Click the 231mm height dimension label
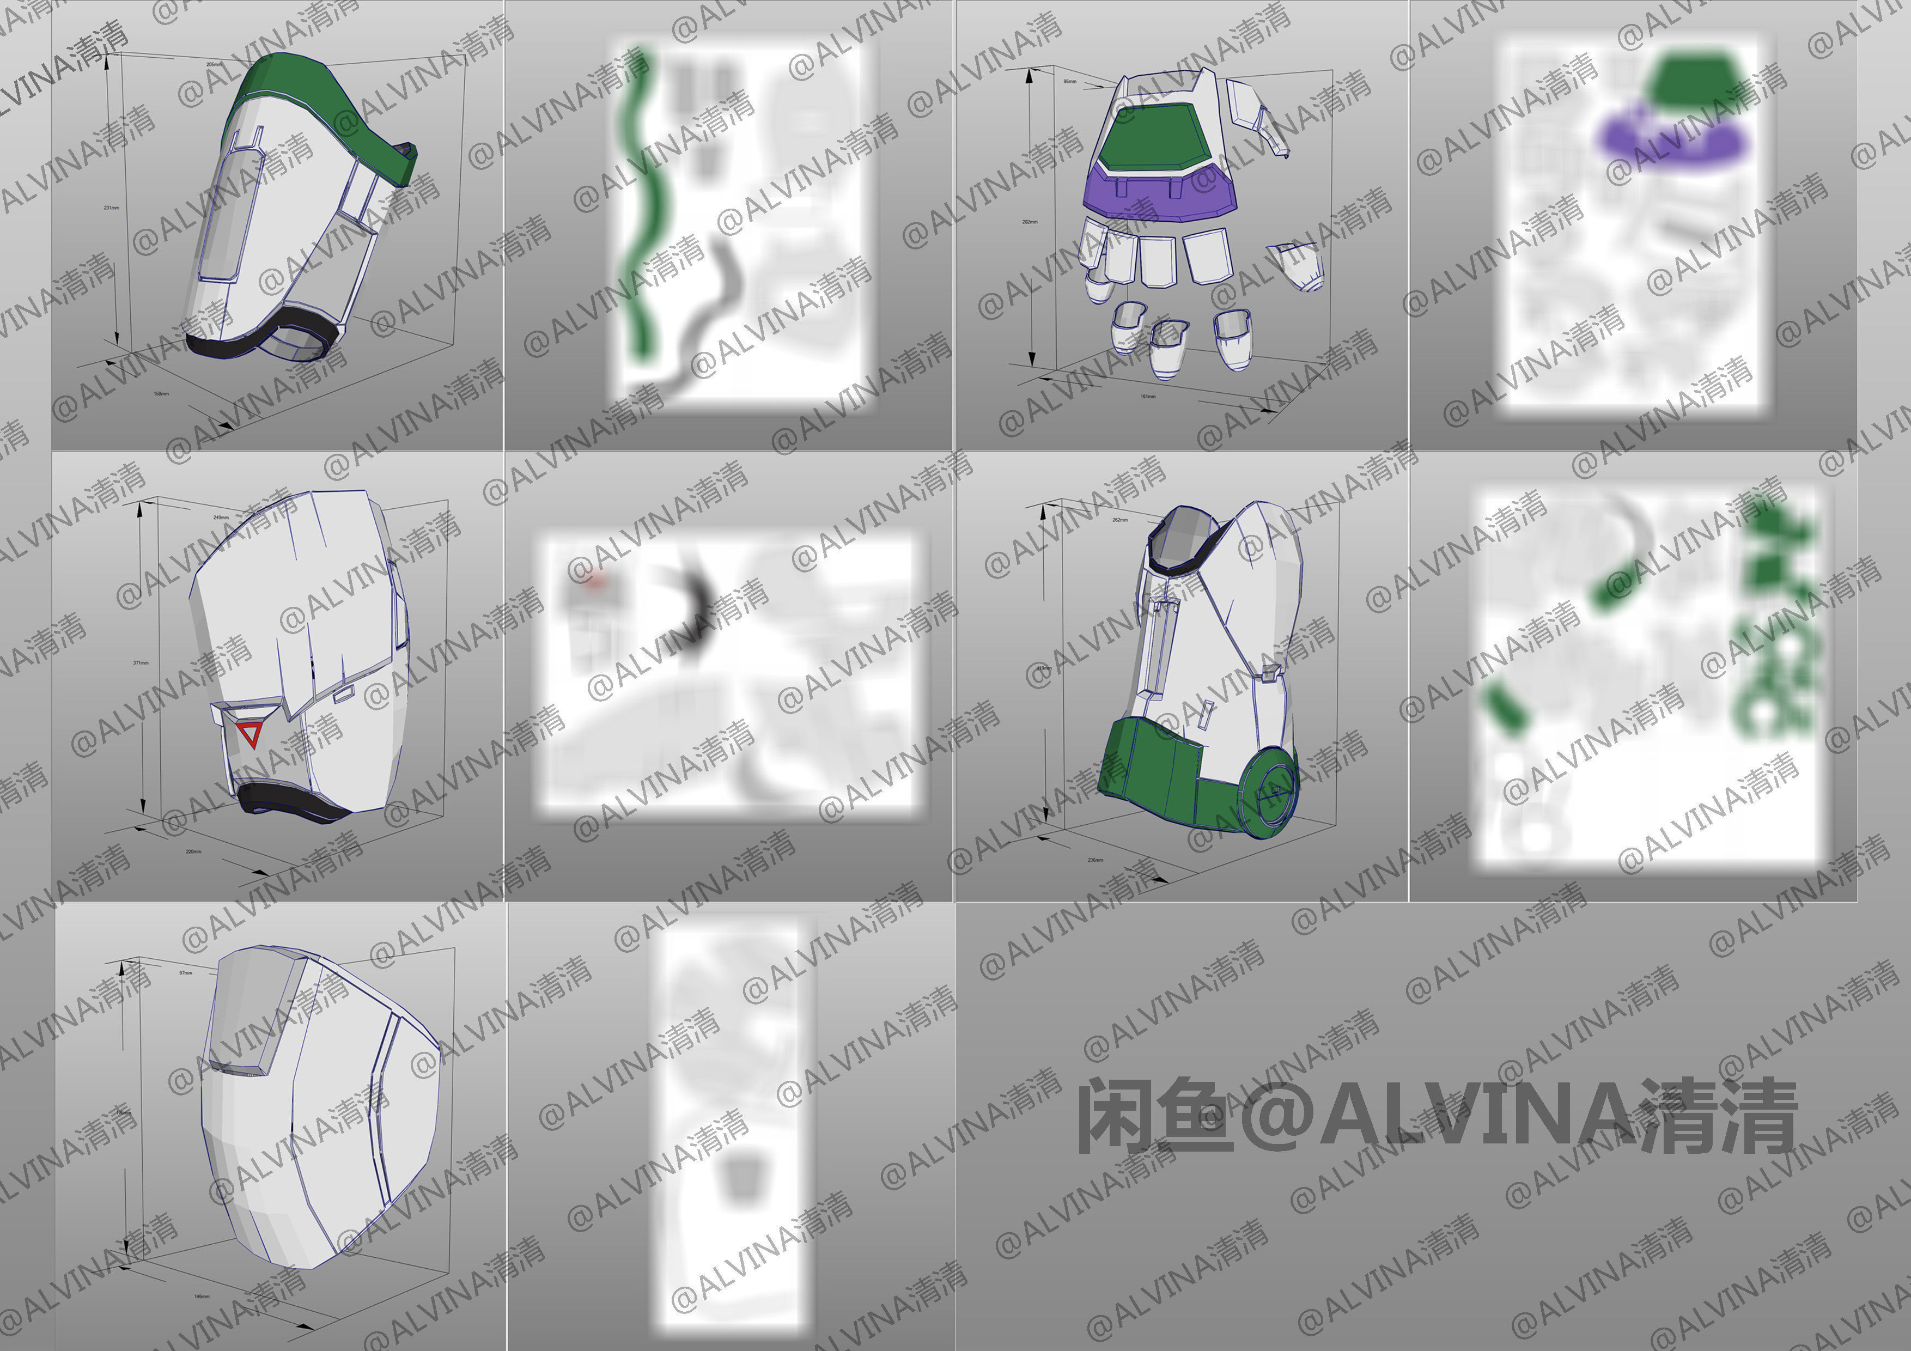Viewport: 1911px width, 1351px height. (111, 207)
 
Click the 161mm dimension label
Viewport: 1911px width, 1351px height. (1148, 396)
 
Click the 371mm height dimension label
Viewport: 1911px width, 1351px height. (141, 662)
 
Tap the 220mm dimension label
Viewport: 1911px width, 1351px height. (193, 851)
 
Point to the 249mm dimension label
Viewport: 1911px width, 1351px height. (221, 517)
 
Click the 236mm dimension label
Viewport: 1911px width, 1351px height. (1096, 860)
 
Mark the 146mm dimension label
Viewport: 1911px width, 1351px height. (202, 1296)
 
